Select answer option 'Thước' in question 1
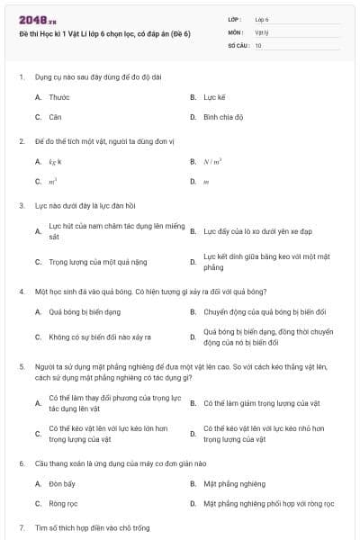point(58,96)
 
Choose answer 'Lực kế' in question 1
point(213,96)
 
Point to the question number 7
point(22,527)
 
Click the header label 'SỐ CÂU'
point(238,44)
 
